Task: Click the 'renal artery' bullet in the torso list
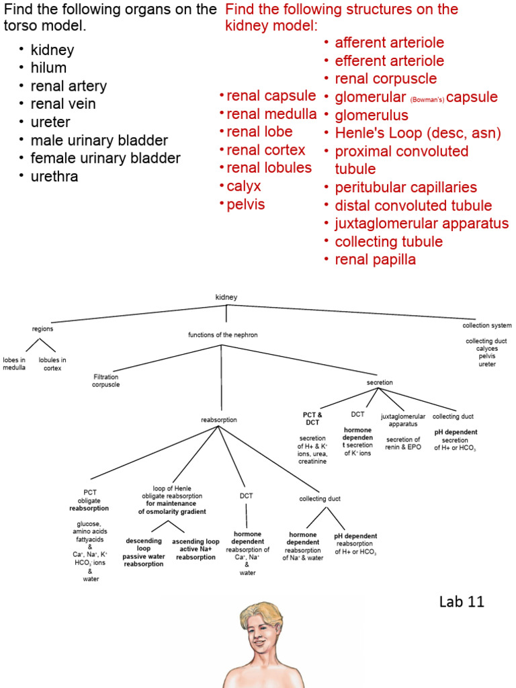click(x=68, y=86)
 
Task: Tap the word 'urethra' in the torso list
click(x=54, y=177)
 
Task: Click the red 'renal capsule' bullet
click(x=271, y=95)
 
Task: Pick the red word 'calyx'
click(x=244, y=186)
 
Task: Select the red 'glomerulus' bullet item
click(x=372, y=116)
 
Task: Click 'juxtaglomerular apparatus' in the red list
click(x=421, y=224)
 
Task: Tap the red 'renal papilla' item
click(x=375, y=260)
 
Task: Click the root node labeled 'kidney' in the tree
click(x=226, y=297)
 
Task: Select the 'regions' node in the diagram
click(x=42, y=329)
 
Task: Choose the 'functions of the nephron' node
click(x=222, y=335)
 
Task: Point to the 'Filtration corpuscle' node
click(x=106, y=381)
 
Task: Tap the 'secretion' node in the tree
click(x=380, y=382)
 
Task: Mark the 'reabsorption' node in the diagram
click(x=218, y=420)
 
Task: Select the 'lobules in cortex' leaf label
click(x=52, y=364)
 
